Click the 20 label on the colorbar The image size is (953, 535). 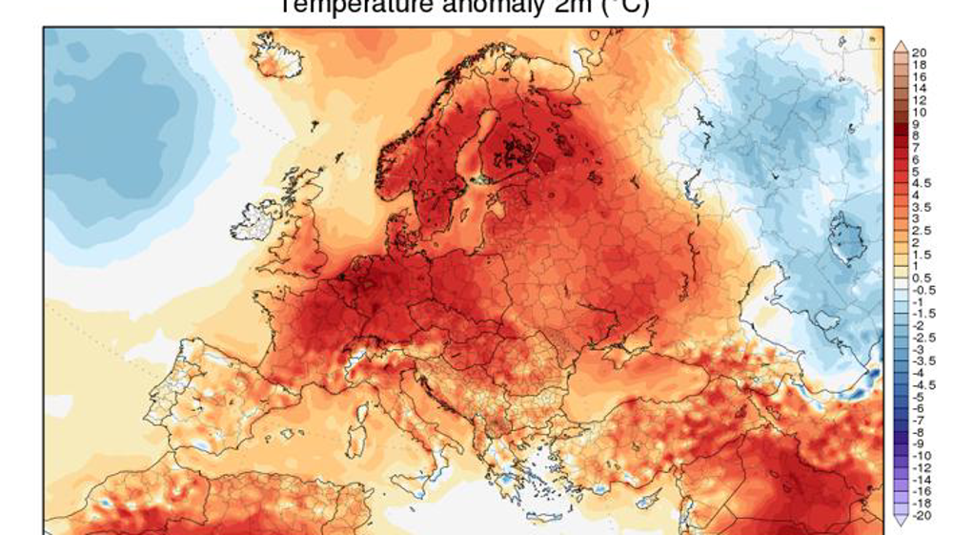coord(920,52)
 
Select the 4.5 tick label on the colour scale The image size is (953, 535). coord(922,183)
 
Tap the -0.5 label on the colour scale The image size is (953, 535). coord(923,289)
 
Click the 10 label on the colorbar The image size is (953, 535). coord(920,113)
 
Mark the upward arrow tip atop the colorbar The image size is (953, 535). coord(899,44)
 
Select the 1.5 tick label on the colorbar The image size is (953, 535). coord(922,255)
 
